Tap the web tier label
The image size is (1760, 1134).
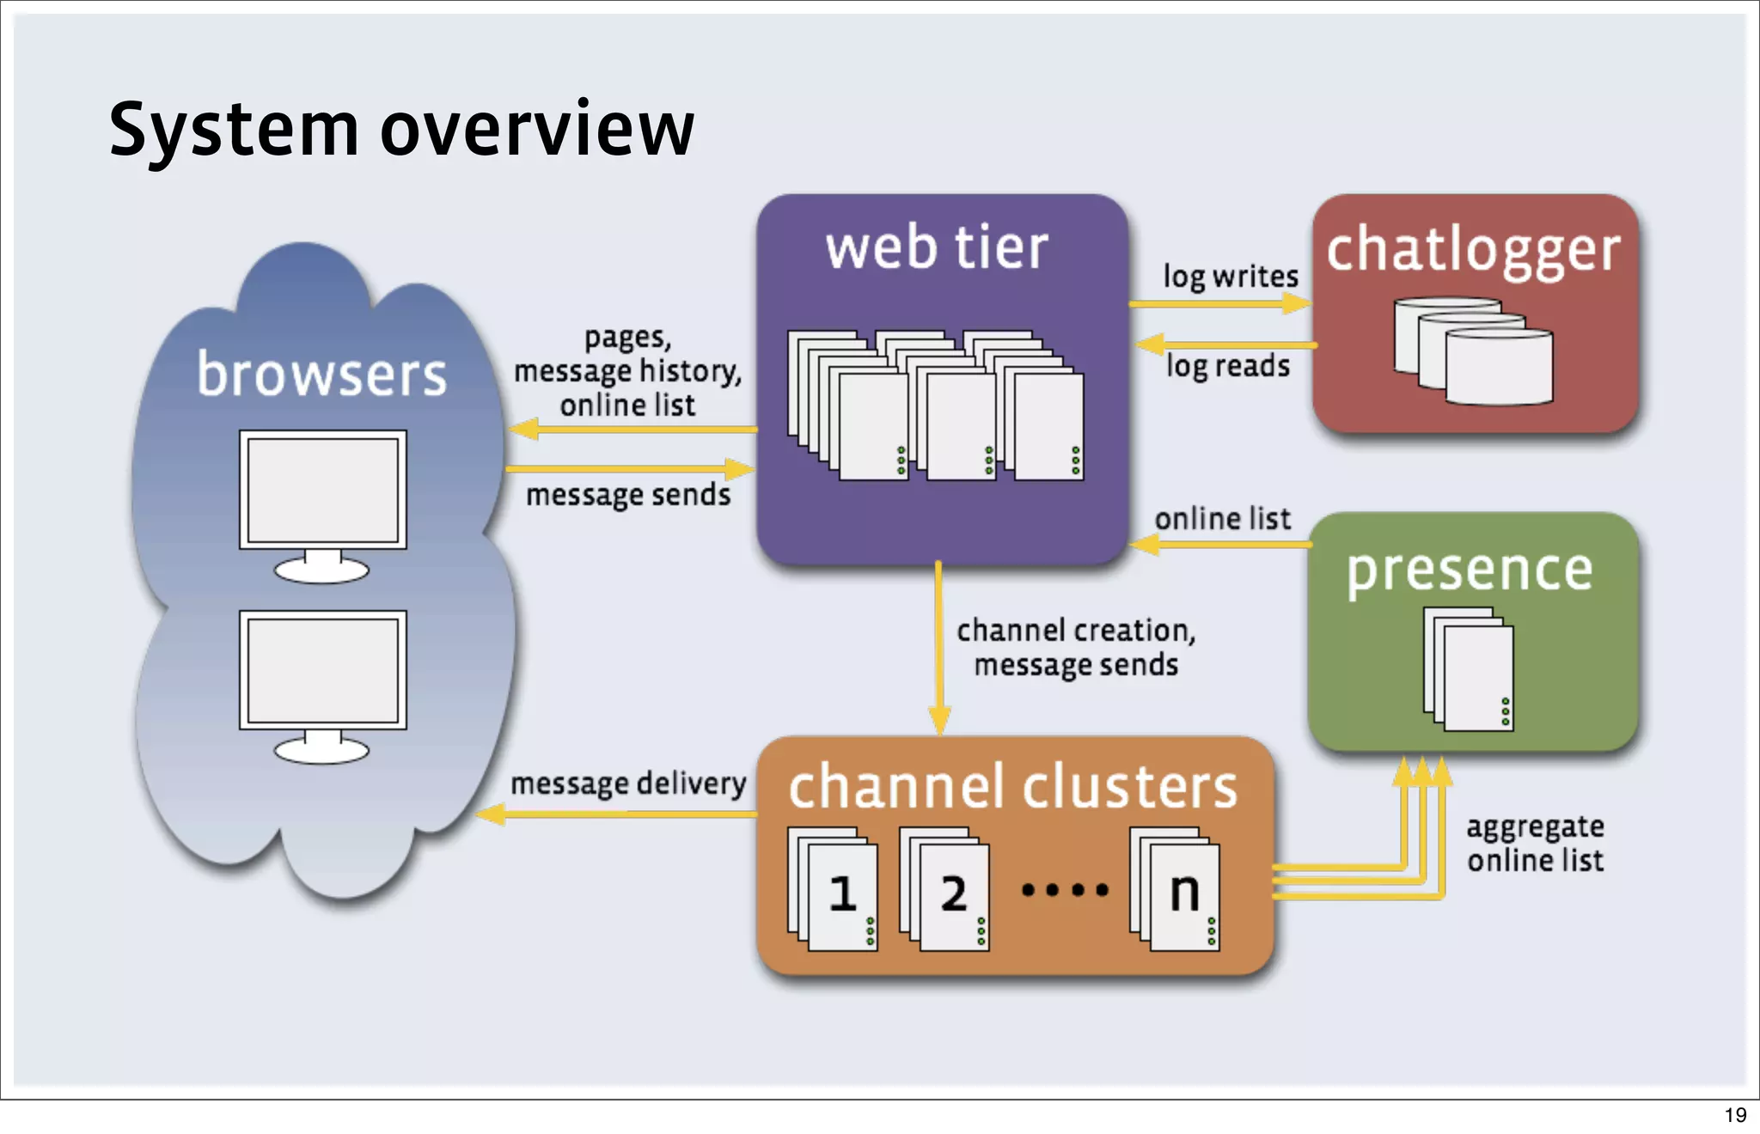(937, 247)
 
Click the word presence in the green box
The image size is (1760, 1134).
(1470, 571)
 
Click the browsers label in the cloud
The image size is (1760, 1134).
(321, 375)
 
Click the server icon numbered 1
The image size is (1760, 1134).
(834, 890)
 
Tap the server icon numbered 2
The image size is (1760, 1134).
(945, 890)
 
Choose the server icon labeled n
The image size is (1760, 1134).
(1176, 890)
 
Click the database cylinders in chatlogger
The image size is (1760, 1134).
(1473, 351)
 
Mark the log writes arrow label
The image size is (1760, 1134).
(1231, 277)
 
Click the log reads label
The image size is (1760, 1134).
(1228, 367)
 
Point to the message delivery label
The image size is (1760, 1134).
(628, 783)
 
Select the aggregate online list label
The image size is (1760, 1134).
(1535, 844)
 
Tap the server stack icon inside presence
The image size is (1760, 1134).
(1469, 670)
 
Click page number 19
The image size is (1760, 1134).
(1735, 1115)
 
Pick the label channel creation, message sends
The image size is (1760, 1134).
(1076, 648)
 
